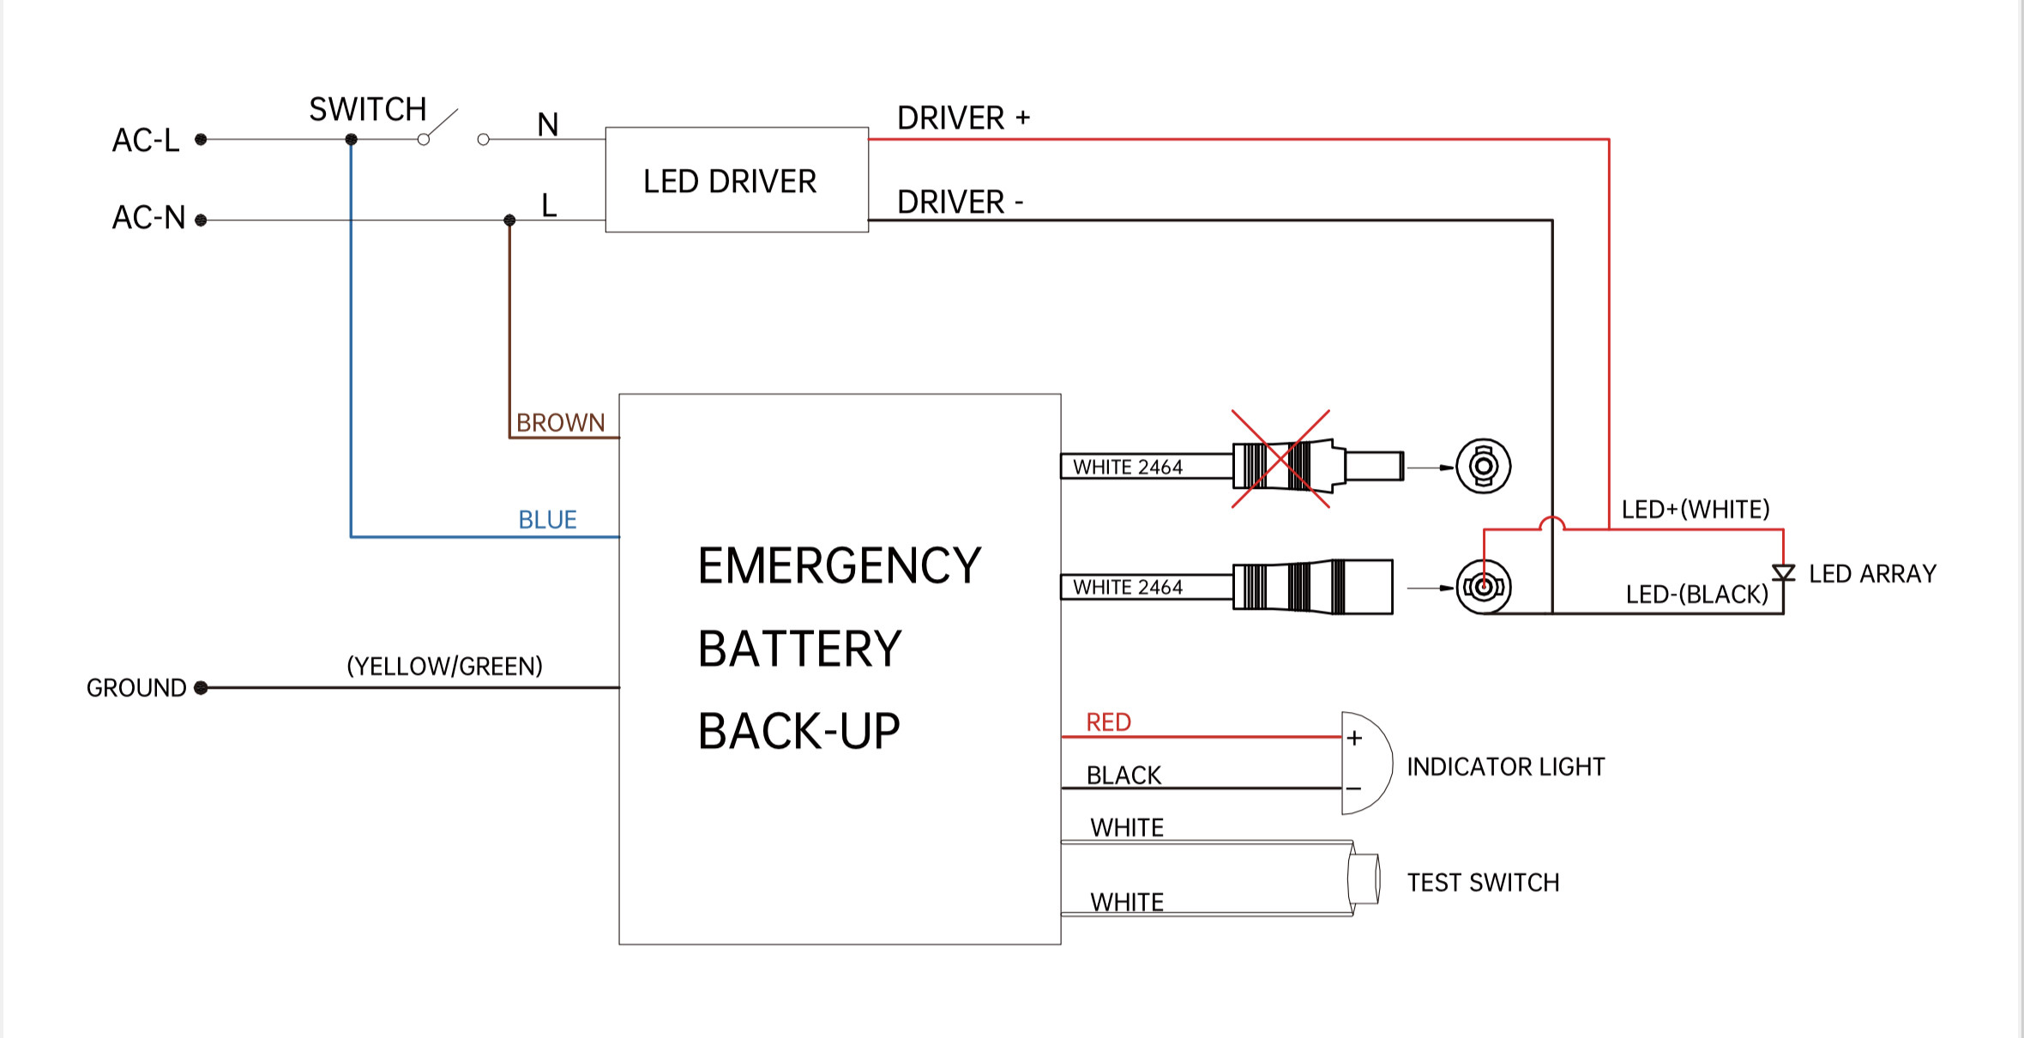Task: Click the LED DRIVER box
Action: (x=736, y=180)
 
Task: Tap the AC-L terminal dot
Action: (x=201, y=139)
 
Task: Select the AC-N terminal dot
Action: (x=201, y=220)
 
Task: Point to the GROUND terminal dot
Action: (x=201, y=687)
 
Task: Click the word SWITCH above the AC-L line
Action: (x=367, y=110)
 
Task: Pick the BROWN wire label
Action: (x=560, y=423)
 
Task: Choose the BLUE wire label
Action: (x=547, y=520)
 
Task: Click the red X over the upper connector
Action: (x=1280, y=459)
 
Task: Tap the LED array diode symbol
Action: (x=1783, y=573)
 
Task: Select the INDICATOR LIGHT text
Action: (x=1505, y=767)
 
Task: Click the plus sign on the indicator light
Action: (x=1354, y=738)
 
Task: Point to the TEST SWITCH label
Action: (x=1483, y=883)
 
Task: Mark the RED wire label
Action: (x=1108, y=722)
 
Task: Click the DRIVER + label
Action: (x=963, y=118)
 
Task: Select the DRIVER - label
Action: (x=960, y=202)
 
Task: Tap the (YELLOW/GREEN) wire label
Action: (x=444, y=667)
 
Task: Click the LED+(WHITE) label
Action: (x=1695, y=510)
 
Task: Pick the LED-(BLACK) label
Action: (x=1696, y=594)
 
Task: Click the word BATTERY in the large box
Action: (x=799, y=649)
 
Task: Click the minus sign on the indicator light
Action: (x=1354, y=788)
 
